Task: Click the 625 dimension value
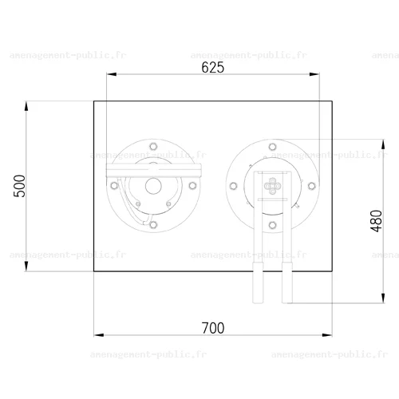pos(213,67)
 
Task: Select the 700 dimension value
pos(213,328)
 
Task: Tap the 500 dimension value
pos(20,186)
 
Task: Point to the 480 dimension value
pos(376,221)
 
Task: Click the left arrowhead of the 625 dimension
pos(112,74)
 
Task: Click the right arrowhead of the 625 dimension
pos(314,74)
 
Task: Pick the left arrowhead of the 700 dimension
pos(99,335)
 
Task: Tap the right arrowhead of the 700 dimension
pos(327,335)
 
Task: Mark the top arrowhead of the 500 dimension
pos(26,106)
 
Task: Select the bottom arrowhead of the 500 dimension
pos(26,266)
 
